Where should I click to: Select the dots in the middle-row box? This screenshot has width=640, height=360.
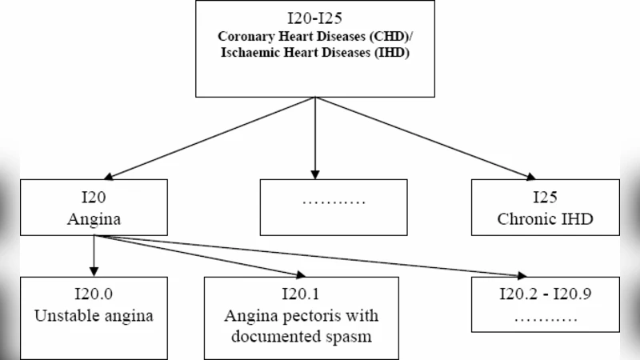tap(334, 200)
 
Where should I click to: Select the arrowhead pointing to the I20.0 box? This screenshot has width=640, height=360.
tap(94, 272)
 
